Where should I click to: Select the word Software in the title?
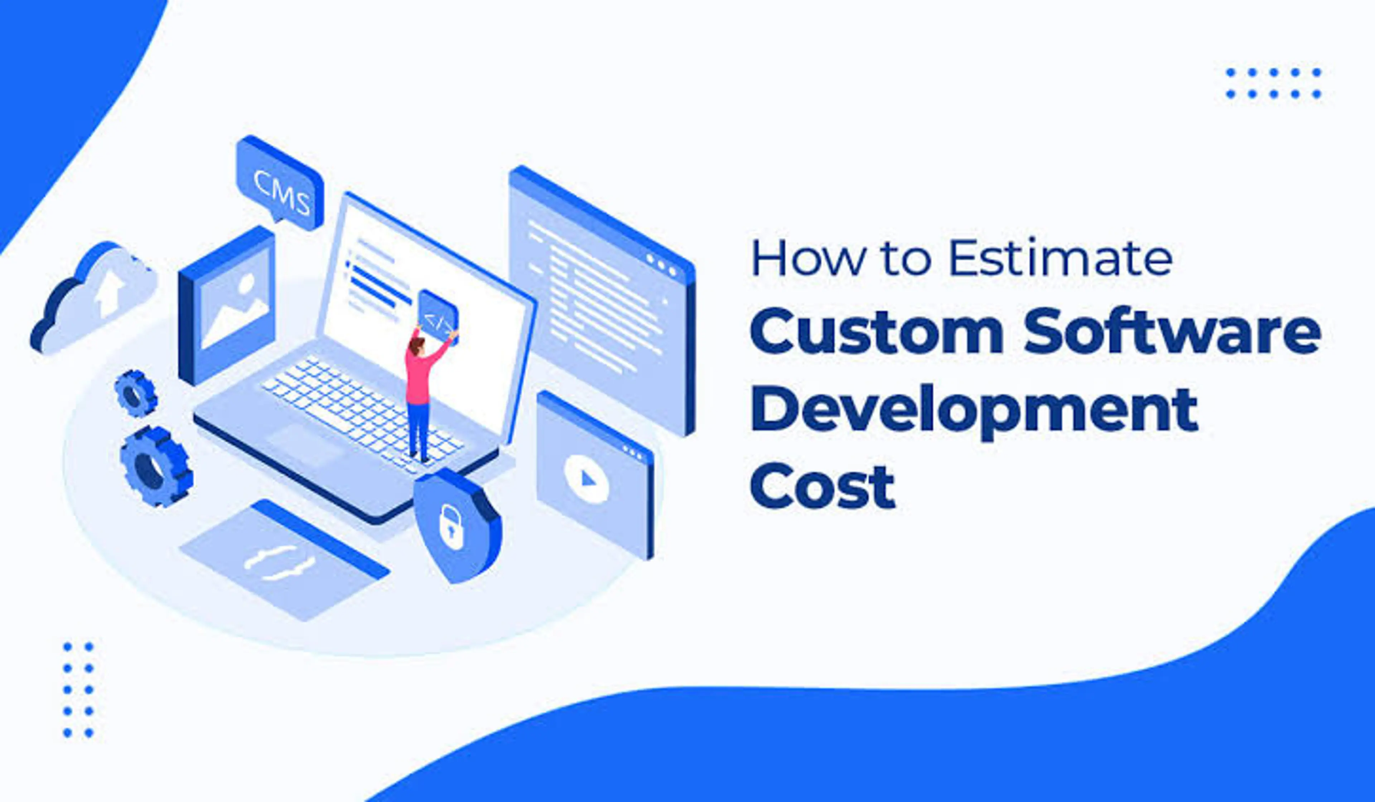[x=1173, y=331]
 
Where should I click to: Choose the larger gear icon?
[x=155, y=467]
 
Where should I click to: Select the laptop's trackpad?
[x=305, y=445]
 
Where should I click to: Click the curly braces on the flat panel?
[x=279, y=562]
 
